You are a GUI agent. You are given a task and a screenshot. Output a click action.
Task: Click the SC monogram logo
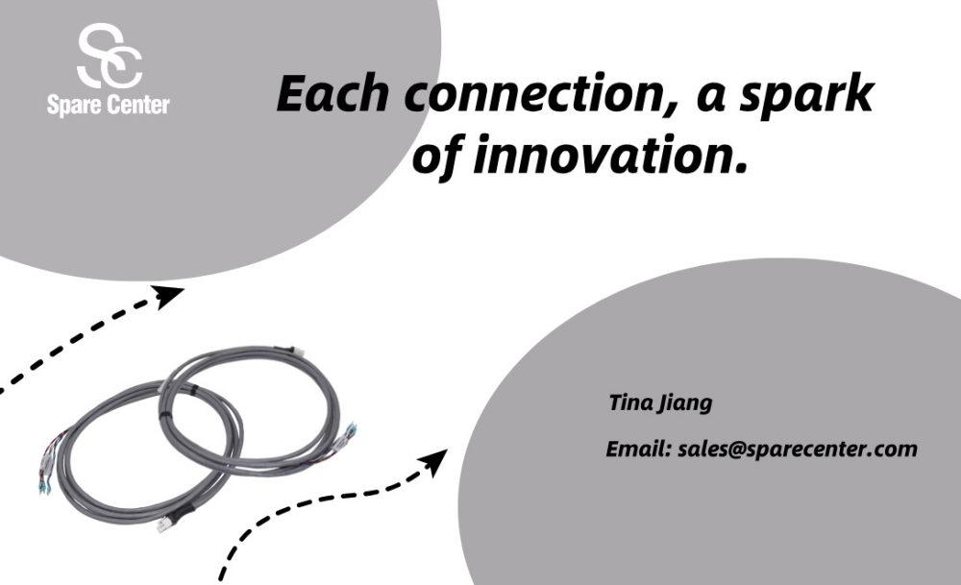111,56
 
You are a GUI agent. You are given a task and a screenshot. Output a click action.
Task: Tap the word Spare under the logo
70,106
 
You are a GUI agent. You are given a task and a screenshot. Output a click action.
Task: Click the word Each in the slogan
333,94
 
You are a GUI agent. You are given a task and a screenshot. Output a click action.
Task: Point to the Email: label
639,449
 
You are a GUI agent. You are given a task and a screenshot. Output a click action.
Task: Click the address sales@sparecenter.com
798,451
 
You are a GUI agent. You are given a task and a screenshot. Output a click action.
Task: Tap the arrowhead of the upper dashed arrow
167,296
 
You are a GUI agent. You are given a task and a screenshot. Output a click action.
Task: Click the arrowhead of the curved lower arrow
435,462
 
